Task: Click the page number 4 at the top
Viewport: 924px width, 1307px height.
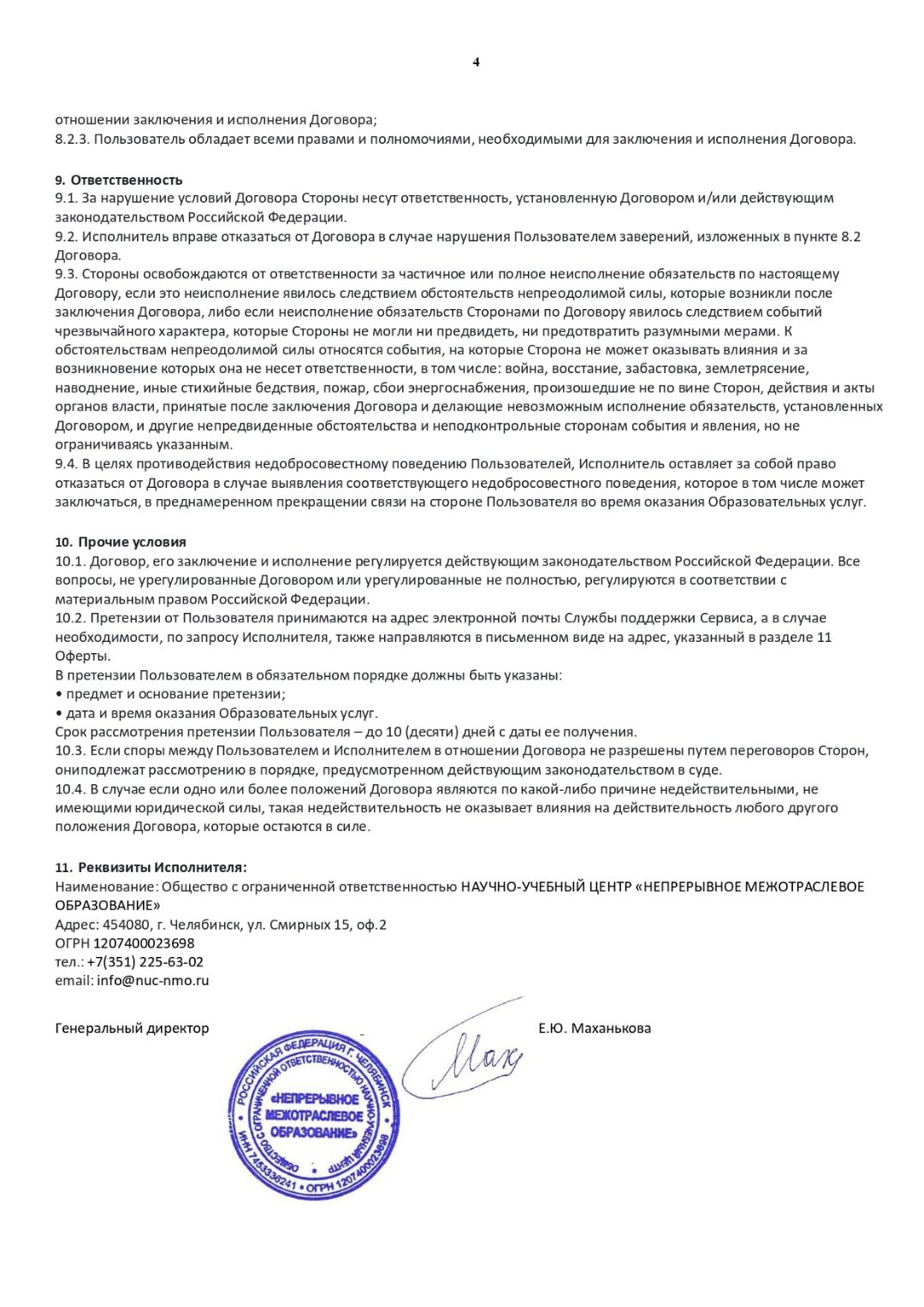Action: [477, 62]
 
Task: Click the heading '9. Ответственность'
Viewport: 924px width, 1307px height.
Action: [119, 180]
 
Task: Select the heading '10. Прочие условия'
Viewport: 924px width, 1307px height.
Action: [121, 542]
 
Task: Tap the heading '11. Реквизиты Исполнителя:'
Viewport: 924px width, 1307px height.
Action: [151, 867]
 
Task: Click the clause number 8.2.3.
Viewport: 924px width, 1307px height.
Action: [72, 140]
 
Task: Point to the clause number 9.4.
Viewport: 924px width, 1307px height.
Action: [67, 464]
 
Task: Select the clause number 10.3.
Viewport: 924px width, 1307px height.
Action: [71, 751]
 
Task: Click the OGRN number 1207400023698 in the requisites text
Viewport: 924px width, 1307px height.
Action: [144, 943]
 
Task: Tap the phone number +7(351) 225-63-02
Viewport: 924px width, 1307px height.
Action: [145, 962]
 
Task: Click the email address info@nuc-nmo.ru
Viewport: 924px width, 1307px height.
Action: [153, 981]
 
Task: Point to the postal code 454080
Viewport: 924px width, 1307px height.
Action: [127, 924]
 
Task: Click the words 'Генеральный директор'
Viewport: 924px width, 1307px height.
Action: [132, 1028]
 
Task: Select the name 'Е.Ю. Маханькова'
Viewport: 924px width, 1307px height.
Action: [595, 1028]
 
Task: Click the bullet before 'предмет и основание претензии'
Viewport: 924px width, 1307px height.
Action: [58, 694]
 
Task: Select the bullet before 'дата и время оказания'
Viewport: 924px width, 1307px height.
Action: [58, 713]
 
